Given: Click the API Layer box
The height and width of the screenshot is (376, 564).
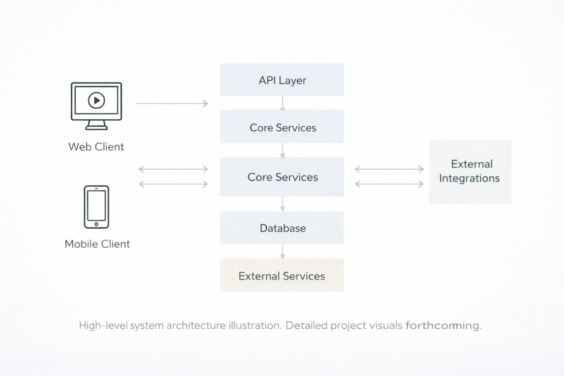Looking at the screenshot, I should click(282, 80).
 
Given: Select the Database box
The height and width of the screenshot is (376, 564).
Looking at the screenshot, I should click(282, 228).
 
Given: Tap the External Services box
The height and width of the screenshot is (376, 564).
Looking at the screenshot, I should click(282, 275).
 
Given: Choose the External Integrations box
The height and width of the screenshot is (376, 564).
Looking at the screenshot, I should click(470, 171).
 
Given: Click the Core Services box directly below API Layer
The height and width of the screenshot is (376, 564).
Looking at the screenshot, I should click(282, 127).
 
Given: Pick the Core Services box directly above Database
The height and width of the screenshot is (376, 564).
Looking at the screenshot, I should click(282, 177).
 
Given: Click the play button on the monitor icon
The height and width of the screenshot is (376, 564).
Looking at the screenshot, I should click(97, 100).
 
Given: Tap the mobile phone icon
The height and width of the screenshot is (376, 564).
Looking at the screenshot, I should click(97, 207).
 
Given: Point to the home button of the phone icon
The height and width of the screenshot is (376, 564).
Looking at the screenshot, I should click(97, 224).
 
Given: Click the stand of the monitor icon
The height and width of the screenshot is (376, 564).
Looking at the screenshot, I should click(97, 126).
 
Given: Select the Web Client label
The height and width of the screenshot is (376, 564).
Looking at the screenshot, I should click(96, 147).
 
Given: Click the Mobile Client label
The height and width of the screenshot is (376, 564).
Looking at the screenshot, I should click(97, 244).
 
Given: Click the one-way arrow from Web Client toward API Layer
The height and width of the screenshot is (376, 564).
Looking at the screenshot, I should click(172, 104).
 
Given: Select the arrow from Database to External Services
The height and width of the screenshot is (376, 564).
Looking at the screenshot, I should click(282, 251).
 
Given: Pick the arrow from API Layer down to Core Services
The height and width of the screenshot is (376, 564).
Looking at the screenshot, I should click(282, 103).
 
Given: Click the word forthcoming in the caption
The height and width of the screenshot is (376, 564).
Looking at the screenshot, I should click(442, 326).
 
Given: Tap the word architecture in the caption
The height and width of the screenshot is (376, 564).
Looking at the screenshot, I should click(196, 326).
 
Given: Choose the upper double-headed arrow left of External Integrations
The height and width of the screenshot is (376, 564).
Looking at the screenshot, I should click(389, 169).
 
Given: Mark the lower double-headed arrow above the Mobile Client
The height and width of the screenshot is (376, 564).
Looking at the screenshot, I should click(173, 184).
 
